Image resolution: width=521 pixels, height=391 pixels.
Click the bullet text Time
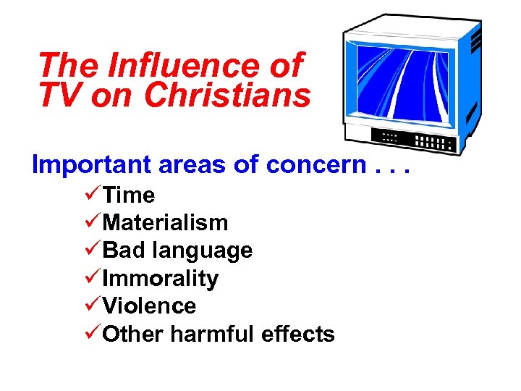point(129,195)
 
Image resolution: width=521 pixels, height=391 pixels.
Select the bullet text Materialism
point(165,223)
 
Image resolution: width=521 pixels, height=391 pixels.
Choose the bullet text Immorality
point(161,278)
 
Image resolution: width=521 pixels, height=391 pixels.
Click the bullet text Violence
point(149,306)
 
